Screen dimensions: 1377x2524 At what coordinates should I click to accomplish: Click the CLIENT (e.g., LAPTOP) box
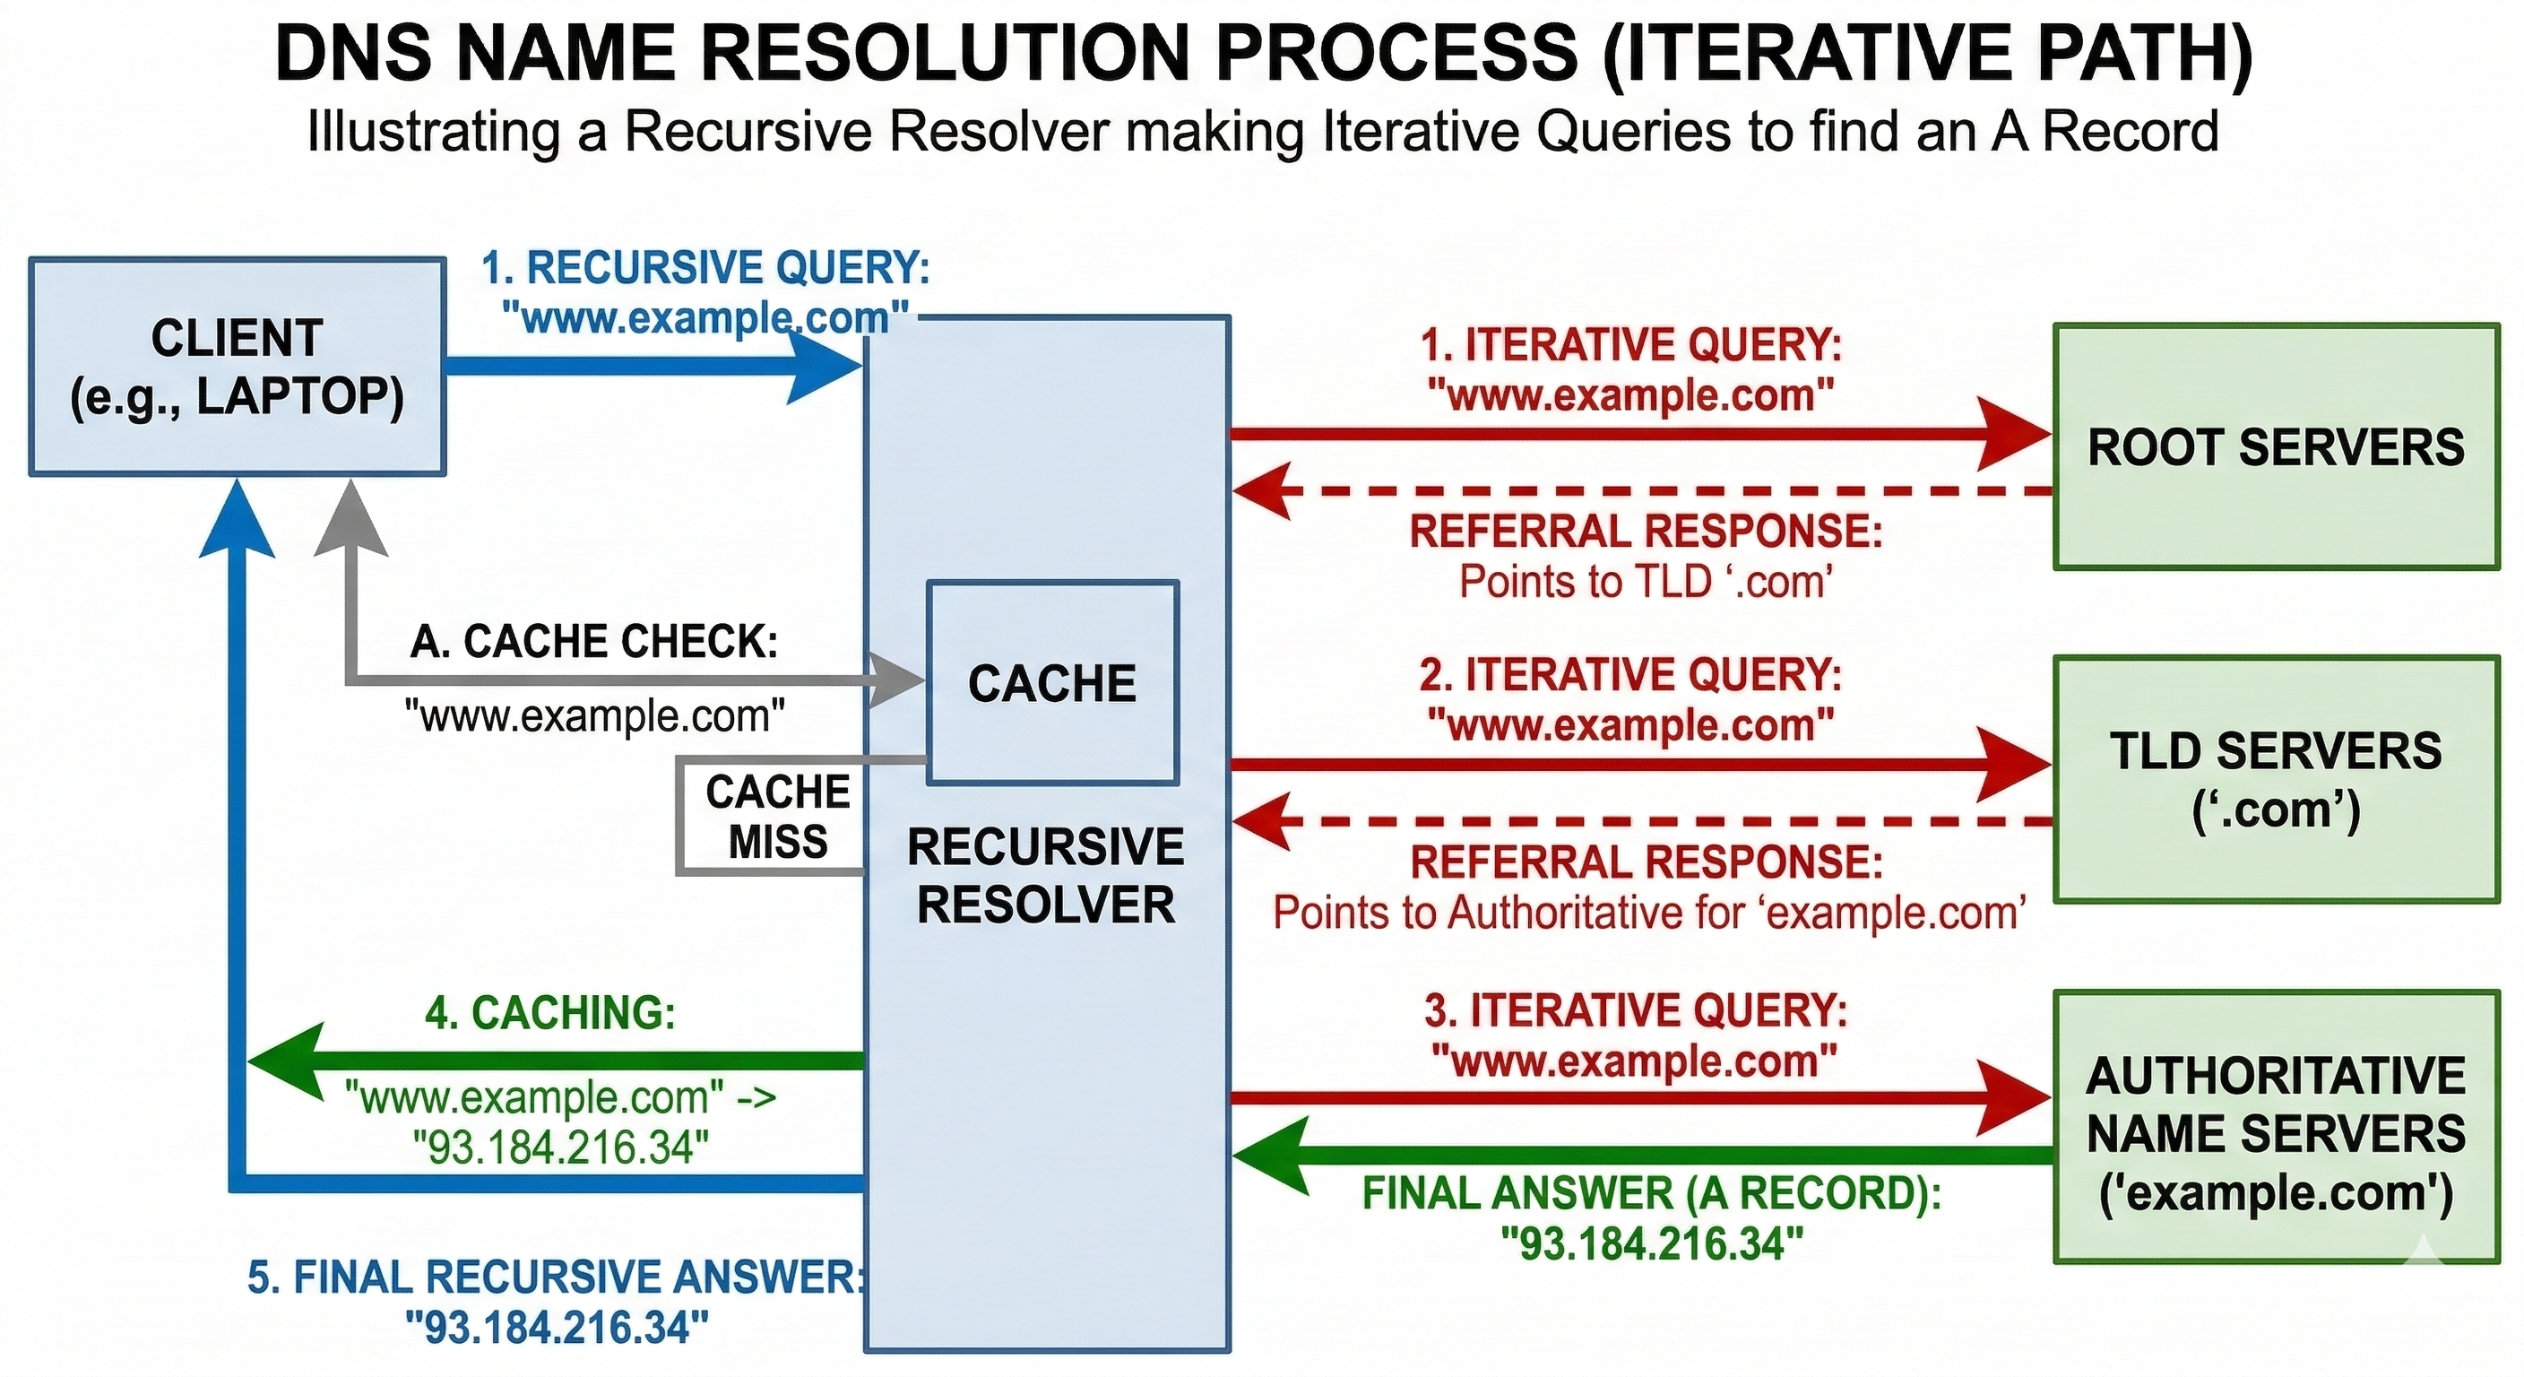click(238, 368)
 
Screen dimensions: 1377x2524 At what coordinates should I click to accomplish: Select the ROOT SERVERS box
click(2275, 447)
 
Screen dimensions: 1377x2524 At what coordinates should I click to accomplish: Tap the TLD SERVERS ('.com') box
click(2275, 779)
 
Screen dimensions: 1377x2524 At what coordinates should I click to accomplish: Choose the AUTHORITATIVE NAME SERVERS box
click(2275, 1127)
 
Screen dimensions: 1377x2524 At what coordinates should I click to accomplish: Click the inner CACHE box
click(1051, 683)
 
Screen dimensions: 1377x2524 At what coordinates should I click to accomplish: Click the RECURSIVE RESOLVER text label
click(1045, 875)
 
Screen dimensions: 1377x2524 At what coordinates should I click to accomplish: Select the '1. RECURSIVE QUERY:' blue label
click(705, 267)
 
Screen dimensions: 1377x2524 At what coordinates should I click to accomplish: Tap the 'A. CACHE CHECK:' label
click(593, 642)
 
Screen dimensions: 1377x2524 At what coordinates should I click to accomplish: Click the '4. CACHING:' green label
click(549, 1012)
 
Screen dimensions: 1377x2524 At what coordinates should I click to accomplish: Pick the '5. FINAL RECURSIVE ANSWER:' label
click(555, 1277)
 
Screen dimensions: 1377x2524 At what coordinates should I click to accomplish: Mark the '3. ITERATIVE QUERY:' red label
click(1634, 1010)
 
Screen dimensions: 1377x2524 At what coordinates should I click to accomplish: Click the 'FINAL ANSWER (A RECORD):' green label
click(1651, 1192)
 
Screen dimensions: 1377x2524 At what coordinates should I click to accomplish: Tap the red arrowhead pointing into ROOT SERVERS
click(2013, 433)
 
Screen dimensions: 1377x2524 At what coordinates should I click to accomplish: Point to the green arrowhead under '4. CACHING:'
click(284, 1060)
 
